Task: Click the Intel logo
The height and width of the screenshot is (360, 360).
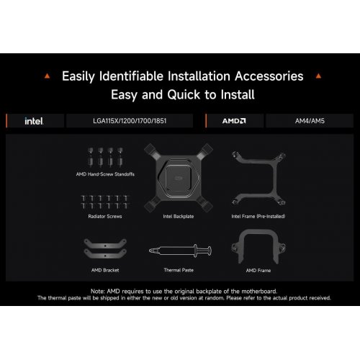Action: click(34, 121)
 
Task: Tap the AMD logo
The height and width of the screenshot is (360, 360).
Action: click(234, 121)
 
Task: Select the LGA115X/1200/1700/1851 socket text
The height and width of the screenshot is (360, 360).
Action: click(130, 121)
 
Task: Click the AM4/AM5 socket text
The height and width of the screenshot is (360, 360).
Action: click(310, 121)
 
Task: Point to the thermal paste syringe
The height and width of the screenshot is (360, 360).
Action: click(180, 251)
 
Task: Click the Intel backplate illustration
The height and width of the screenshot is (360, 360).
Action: click(179, 178)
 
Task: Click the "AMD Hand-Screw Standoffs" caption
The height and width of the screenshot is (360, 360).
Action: click(105, 174)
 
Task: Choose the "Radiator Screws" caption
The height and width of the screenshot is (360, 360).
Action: click(105, 217)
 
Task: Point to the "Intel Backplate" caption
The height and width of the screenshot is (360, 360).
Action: click(179, 217)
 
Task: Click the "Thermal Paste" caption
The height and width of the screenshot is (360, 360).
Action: click(179, 270)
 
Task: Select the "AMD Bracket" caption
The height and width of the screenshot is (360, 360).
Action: click(105, 270)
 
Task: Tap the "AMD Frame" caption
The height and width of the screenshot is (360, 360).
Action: click(258, 271)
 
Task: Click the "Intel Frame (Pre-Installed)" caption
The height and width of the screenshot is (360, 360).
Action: click(258, 217)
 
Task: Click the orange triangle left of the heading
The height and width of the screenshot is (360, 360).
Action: click(48, 76)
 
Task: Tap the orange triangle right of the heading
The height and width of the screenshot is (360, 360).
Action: click(318, 76)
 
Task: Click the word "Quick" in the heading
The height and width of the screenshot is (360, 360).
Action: click(184, 94)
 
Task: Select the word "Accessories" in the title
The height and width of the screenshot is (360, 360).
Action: click(269, 76)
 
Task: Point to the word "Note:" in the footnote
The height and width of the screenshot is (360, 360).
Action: click(98, 292)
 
